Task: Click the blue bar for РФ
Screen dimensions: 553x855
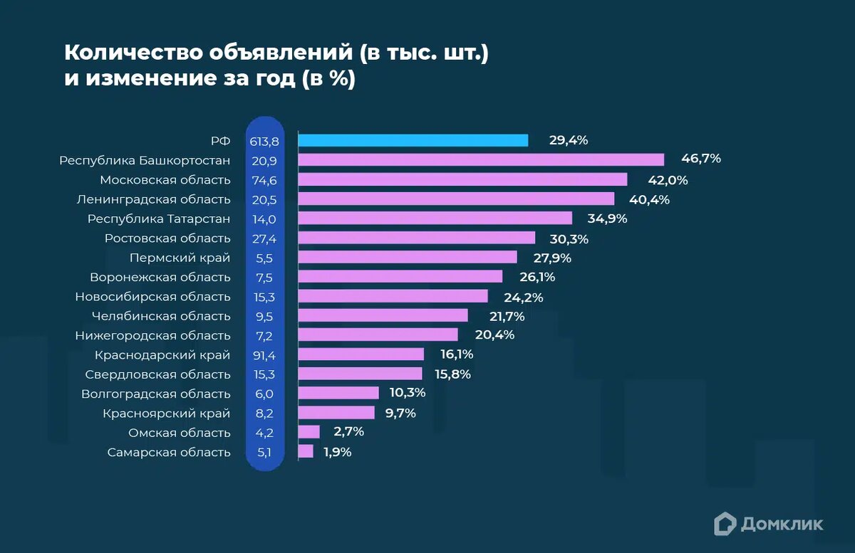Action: (413, 140)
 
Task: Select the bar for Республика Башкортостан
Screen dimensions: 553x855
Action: (481, 159)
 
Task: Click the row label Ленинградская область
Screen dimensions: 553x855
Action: (153, 199)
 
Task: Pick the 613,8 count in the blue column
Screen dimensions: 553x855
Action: (264, 141)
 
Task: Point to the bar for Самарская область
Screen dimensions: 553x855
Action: (306, 451)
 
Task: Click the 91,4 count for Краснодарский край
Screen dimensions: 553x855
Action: (264, 354)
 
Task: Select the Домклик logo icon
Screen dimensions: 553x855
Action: (725, 524)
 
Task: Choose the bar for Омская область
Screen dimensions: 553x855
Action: (309, 432)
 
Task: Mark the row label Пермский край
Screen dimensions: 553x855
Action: (180, 258)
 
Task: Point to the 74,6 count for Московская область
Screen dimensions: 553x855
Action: (264, 180)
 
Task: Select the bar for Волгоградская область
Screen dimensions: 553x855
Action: (338, 393)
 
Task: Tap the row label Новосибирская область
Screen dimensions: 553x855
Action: (152, 296)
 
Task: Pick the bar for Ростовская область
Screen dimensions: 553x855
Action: (417, 238)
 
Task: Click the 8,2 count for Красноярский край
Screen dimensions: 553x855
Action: (264, 413)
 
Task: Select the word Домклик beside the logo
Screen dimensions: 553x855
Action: (782, 524)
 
